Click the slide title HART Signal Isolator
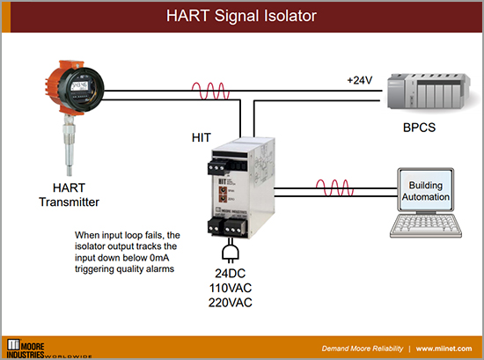241,16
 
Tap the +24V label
361,80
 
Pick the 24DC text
234,273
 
